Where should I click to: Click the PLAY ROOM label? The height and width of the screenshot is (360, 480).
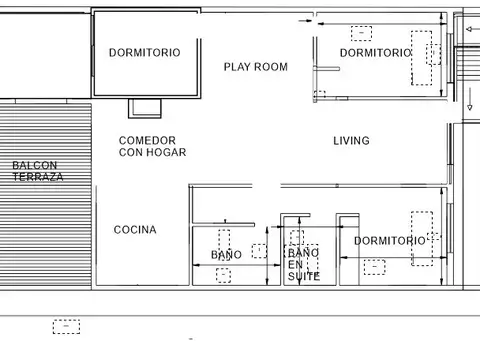pyautogui.click(x=256, y=67)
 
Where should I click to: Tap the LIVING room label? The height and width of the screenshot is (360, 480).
pyautogui.click(x=351, y=141)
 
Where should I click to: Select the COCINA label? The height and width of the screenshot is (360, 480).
pyautogui.click(x=135, y=230)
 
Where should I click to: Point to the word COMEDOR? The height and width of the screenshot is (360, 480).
pyautogui.click(x=147, y=140)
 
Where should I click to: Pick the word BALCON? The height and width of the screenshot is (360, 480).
pyautogui.click(x=35, y=165)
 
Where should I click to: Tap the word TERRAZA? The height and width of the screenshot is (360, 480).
pyautogui.click(x=38, y=177)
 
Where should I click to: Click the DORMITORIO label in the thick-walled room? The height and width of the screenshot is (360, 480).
pyautogui.click(x=145, y=53)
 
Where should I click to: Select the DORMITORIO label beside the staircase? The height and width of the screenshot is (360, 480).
pyautogui.click(x=376, y=53)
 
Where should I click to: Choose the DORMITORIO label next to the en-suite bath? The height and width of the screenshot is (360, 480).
pyautogui.click(x=390, y=241)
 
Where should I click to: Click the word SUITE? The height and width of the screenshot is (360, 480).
pyautogui.click(x=304, y=276)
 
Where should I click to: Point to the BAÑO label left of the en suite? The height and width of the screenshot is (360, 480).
pyautogui.click(x=226, y=255)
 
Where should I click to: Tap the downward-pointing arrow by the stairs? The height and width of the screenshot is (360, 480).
pyautogui.click(x=470, y=99)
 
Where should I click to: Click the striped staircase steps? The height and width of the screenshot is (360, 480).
pyautogui.click(x=467, y=63)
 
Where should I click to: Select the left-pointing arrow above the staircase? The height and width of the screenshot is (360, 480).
pyautogui.click(x=473, y=29)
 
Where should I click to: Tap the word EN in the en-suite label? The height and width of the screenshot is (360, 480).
pyautogui.click(x=295, y=265)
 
